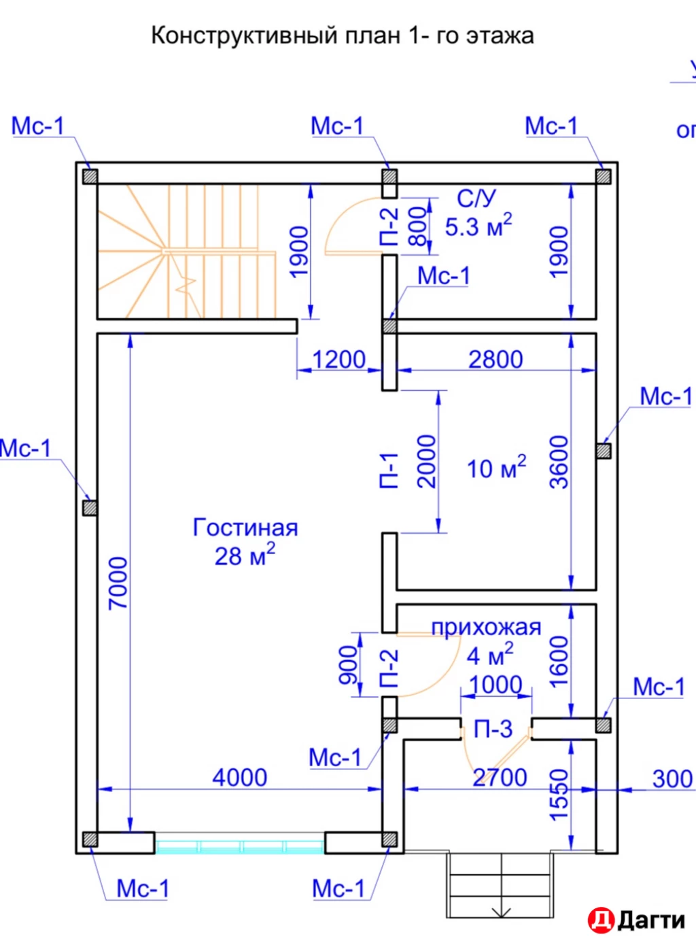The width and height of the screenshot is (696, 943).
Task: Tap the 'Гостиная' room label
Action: (245, 528)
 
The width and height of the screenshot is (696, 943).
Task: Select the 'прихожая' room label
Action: (486, 627)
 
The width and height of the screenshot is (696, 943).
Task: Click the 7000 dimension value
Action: (118, 583)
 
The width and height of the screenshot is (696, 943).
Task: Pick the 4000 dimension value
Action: (239, 777)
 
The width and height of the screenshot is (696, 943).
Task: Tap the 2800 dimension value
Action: (495, 359)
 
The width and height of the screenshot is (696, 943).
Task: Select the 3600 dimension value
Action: (559, 462)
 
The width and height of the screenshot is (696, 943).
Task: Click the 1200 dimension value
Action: (338, 359)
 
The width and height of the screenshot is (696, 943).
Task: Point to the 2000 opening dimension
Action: (427, 462)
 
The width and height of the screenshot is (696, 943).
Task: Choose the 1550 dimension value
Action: (559, 794)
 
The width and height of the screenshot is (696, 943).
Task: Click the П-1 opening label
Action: (388, 470)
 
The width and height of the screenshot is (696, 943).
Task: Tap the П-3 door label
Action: (493, 729)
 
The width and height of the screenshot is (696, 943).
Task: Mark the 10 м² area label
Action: (496, 468)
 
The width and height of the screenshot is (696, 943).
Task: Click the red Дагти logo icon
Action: (601, 920)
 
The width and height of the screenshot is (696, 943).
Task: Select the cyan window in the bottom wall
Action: (239, 846)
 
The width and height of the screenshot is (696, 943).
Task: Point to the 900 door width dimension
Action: (348, 664)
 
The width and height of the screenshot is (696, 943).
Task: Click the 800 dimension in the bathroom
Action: (418, 226)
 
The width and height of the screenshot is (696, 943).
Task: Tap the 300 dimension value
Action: (672, 778)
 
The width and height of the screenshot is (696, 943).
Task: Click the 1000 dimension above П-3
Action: (495, 684)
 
